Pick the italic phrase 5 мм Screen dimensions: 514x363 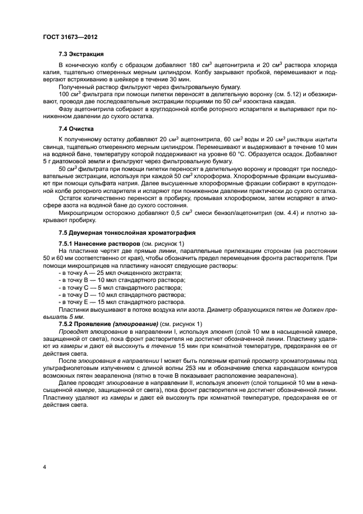[60, 317]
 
